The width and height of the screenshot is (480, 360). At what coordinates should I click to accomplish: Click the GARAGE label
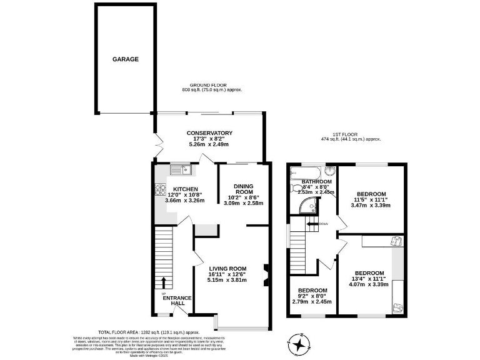tap(125, 59)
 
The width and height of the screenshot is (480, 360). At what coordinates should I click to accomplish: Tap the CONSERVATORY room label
tap(210, 133)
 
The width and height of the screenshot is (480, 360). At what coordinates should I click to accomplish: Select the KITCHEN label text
tap(186, 189)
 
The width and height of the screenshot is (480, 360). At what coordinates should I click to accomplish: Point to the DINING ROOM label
tap(244, 189)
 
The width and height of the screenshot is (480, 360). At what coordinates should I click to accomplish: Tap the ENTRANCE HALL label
tap(177, 301)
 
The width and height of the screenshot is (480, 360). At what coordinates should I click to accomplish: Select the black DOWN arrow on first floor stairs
tap(312, 223)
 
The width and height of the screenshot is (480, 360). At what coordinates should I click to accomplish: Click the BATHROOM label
tap(316, 182)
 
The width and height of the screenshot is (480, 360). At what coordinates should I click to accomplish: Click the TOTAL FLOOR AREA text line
tap(148, 332)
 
